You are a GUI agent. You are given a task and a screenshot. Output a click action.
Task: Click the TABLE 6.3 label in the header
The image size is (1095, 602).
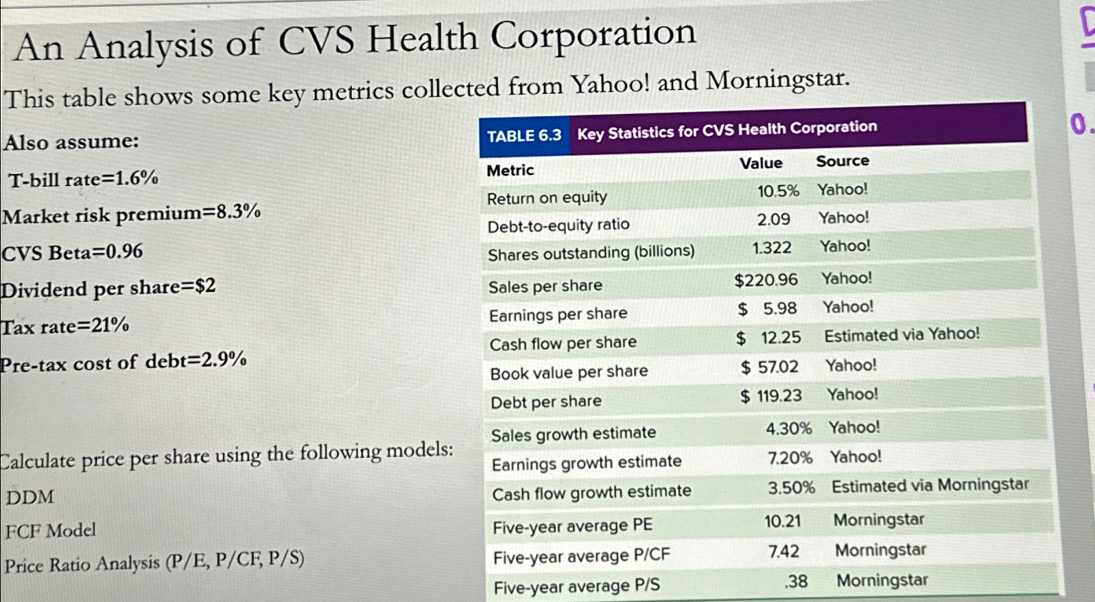(x=524, y=136)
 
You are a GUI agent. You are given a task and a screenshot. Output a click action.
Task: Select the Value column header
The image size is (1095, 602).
(x=761, y=163)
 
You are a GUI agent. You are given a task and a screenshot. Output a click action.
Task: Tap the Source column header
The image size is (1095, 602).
(x=843, y=161)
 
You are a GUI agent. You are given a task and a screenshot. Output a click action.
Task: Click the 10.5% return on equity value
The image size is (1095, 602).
(x=778, y=192)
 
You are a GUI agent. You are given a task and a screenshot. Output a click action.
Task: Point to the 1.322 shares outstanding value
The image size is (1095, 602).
(x=772, y=248)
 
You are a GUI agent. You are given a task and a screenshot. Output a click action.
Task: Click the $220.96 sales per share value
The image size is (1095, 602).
(x=766, y=280)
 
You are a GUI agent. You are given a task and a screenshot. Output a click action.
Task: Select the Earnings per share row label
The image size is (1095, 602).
(x=558, y=314)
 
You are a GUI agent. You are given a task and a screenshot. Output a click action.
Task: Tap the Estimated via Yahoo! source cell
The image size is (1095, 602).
(x=902, y=335)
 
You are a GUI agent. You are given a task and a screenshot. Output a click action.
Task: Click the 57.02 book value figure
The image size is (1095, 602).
(x=777, y=367)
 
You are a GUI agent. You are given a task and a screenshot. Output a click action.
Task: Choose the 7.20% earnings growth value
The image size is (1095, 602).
(x=790, y=458)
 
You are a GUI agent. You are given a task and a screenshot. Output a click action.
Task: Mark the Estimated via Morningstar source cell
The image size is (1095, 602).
(x=930, y=485)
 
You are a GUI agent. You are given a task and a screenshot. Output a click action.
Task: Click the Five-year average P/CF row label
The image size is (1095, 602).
(x=581, y=556)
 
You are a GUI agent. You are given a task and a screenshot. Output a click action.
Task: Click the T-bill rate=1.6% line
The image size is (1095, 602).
(x=83, y=180)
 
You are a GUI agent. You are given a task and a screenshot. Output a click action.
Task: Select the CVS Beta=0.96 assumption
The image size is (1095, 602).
(x=72, y=253)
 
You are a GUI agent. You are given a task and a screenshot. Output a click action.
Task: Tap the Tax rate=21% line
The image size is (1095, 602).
(x=64, y=326)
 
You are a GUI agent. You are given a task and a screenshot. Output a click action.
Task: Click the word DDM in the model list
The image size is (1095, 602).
(x=30, y=497)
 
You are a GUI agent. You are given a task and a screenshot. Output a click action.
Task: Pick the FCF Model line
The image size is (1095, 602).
(x=51, y=531)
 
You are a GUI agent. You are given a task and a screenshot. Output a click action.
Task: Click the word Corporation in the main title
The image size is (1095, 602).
(x=593, y=36)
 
